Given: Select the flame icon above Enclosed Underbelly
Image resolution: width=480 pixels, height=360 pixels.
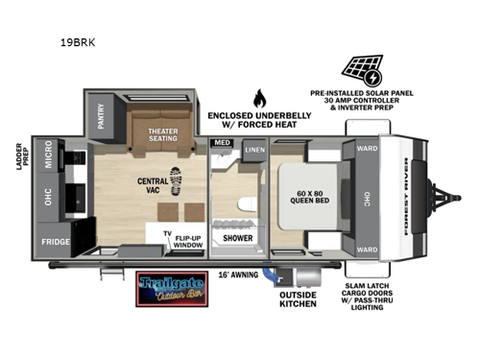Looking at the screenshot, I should click(x=258, y=98).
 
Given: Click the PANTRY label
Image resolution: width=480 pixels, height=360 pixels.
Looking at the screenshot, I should click(x=102, y=116).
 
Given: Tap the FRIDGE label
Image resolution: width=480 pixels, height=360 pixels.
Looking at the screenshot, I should click(x=56, y=241).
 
